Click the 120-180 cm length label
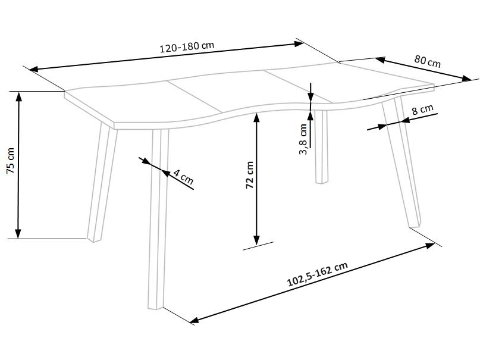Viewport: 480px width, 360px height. pos(187,47)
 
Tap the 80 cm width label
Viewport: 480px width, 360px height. pos(427,61)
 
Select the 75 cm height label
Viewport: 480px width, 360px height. pos(10,161)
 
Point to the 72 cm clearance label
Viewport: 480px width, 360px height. pos(250,175)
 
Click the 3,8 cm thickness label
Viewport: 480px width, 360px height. pos(303,139)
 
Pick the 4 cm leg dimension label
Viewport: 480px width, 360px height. pos(183,177)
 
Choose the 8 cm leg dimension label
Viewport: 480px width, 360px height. pos(423,109)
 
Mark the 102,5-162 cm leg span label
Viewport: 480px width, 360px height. pos(318,274)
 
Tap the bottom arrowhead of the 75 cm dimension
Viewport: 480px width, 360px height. pos(18,233)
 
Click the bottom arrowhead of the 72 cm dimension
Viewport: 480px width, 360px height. pos(256,240)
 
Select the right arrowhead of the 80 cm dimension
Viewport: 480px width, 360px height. pos(466,79)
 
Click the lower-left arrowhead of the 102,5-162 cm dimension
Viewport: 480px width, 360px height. pos(194,320)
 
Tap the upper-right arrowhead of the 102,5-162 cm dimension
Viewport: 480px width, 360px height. pos(429,245)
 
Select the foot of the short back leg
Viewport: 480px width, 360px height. pos(322,182)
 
